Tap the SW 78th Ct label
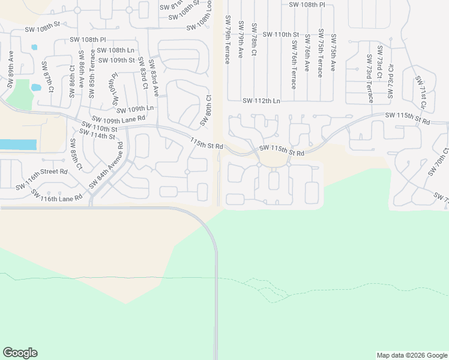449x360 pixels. (255, 40)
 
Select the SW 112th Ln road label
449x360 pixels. (261, 101)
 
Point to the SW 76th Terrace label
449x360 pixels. (294, 66)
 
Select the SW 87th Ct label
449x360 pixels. (47, 76)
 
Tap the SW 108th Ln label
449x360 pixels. (116, 50)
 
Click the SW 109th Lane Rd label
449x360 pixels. (118, 119)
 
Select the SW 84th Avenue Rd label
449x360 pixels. (106, 166)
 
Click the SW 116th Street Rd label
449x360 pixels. (43, 179)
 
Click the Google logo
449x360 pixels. (20, 353)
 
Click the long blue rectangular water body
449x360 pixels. (18, 145)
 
